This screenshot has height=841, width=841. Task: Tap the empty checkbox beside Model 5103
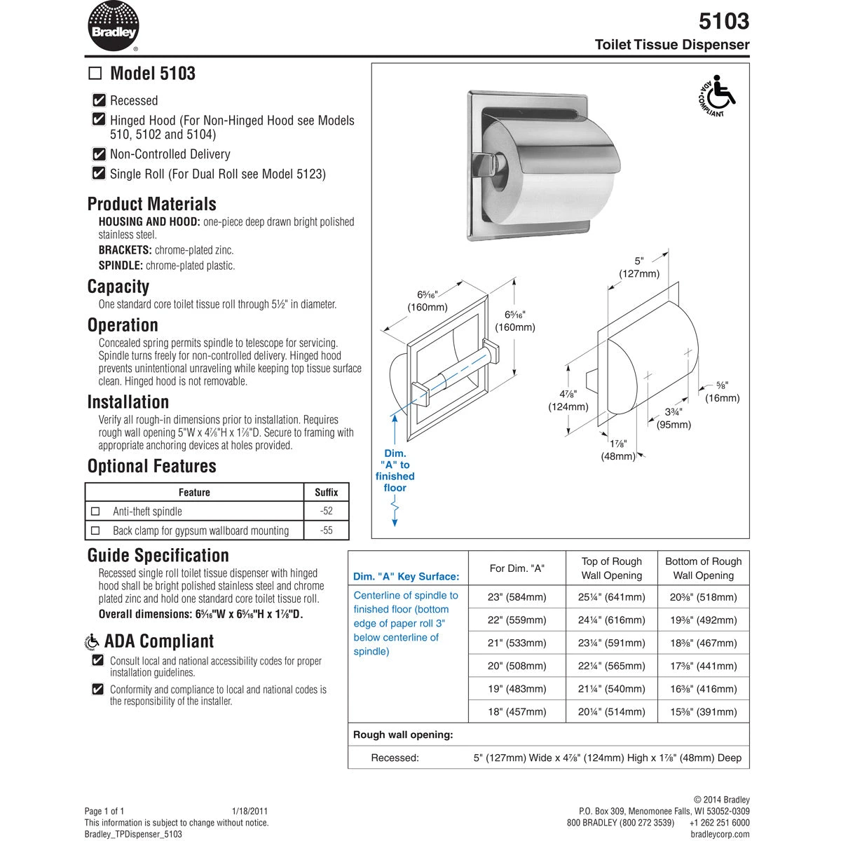pos(95,74)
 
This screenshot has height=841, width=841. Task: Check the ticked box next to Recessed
pos(99,100)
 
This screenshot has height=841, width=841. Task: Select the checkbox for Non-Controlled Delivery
pos(99,154)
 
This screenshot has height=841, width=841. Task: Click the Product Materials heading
pos(151,204)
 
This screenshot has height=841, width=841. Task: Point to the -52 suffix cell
pos(326,511)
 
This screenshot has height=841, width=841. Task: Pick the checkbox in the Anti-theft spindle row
pos(96,512)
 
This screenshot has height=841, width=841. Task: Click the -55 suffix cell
pos(326,531)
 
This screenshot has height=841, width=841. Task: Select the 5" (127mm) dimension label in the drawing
pos(638,268)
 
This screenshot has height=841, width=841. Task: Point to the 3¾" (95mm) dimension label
pos(674,418)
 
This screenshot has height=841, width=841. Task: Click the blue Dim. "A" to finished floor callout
pos(395,470)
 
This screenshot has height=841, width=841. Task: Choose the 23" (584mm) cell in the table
pos(517,597)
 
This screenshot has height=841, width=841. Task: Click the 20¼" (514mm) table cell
pos(612,711)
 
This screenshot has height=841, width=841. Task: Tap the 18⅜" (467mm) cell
pos(703,643)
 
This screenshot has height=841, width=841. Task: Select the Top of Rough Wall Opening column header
pos(612,568)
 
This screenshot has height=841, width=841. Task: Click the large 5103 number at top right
pos(724,21)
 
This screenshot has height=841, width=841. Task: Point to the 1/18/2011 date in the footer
pos(249,810)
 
